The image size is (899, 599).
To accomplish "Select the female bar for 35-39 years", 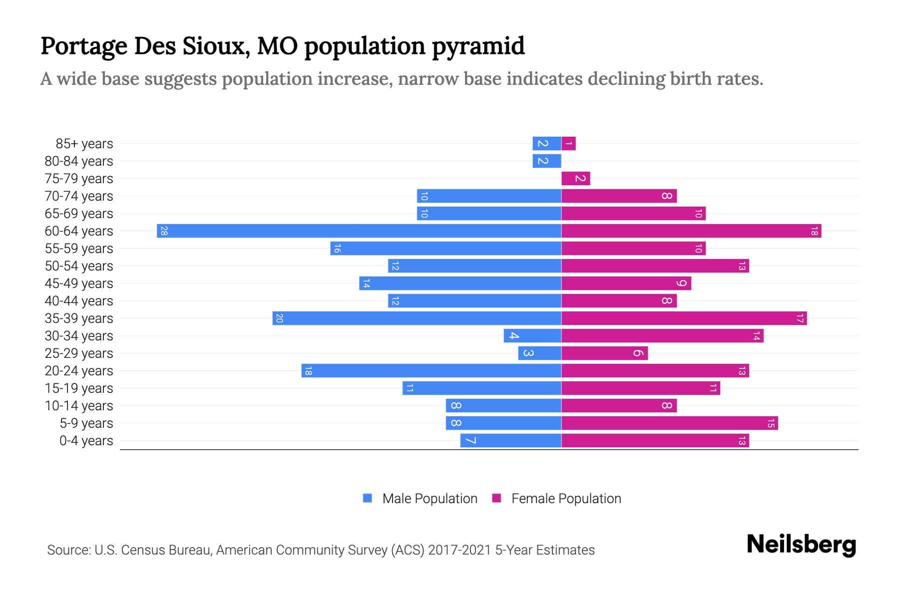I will (x=684, y=318).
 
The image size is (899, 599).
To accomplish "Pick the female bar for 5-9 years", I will (x=669, y=423).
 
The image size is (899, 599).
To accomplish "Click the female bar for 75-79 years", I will (x=575, y=179).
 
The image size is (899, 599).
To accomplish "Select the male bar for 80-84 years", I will (x=546, y=161).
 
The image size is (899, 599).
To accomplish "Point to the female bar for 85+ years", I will (x=568, y=144).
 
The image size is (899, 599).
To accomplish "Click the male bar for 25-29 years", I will (x=539, y=353).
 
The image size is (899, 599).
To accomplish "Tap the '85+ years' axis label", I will (x=84, y=144).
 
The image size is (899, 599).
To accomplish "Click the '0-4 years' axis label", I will (x=86, y=441).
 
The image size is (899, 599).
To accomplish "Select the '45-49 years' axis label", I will (x=79, y=284).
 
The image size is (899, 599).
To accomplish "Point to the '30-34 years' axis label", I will (x=79, y=336).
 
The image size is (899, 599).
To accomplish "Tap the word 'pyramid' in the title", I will (x=478, y=46).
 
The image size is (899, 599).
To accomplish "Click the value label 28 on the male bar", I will (x=164, y=231).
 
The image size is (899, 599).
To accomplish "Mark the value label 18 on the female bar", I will (x=814, y=231).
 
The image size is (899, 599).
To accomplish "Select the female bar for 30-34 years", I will (x=662, y=336).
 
